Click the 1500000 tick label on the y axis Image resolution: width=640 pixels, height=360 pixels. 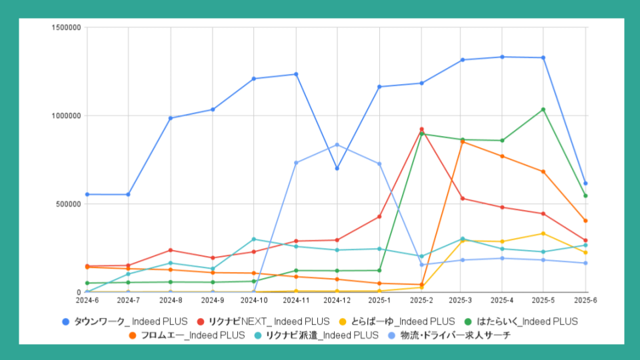(x=66, y=27)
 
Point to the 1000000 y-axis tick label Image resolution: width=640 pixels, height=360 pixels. (x=66, y=115)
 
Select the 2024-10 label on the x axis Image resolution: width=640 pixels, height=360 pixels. (x=253, y=301)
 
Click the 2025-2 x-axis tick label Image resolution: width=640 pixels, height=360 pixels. (x=421, y=301)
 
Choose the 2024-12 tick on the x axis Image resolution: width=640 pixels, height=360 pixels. (x=337, y=301)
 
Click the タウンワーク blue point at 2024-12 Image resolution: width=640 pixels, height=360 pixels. (x=337, y=169)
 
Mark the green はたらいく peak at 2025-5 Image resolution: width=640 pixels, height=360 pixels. (x=543, y=109)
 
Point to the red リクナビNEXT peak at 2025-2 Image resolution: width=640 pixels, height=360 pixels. (x=421, y=129)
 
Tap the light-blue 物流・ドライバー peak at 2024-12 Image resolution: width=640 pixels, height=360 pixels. (x=337, y=145)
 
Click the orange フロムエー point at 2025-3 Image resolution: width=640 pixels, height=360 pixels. (x=463, y=142)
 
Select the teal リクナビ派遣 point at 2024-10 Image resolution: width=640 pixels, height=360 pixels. (x=253, y=239)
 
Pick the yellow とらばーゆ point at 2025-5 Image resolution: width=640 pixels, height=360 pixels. (x=543, y=233)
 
